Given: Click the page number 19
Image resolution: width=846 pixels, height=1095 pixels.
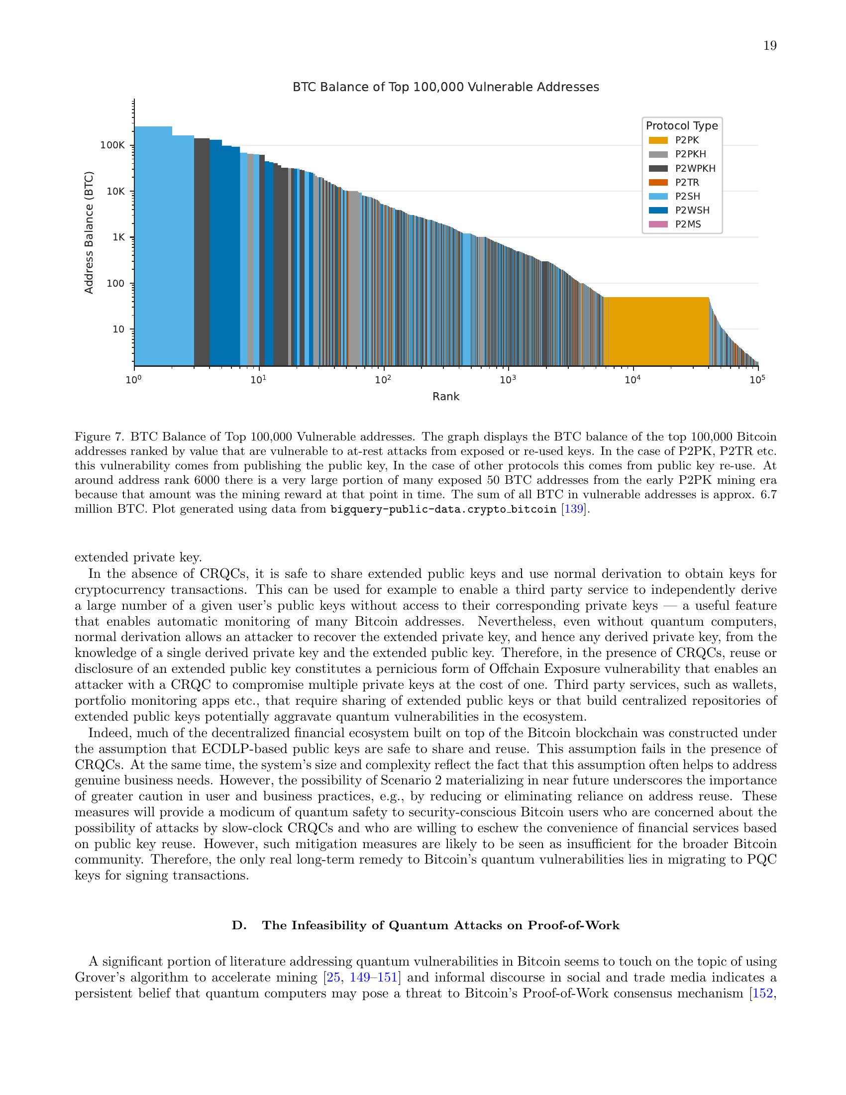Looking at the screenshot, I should coord(769,46).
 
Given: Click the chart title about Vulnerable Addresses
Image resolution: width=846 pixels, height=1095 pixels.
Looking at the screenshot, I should coord(445,87).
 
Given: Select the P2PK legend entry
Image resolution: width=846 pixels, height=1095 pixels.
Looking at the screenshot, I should coord(686,140).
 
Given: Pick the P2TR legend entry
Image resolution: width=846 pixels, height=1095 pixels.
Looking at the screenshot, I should coord(686,183).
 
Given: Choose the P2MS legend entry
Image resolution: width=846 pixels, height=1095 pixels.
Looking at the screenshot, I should coord(687,224).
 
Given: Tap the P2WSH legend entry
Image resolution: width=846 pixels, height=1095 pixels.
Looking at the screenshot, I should coord(692,210).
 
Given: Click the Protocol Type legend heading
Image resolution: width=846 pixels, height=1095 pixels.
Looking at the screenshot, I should coord(682,126).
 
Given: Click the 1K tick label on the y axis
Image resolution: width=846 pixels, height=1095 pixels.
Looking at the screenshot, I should coord(119,237).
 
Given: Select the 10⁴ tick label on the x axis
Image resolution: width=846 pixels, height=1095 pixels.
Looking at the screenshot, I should coord(632,380).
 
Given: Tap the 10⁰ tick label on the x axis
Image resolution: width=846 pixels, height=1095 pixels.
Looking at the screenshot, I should coord(133,380).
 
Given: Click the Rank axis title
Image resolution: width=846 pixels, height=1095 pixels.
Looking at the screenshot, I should coord(445,397).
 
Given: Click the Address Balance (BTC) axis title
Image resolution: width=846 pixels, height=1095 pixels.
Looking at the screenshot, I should coord(89,232).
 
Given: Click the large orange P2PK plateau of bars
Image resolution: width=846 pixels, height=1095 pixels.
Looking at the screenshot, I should coord(655,331).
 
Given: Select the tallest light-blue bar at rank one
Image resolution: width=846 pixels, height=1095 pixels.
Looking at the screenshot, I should coord(153,246).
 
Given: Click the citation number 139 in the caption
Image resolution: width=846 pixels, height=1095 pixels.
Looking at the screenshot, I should coord(574,509).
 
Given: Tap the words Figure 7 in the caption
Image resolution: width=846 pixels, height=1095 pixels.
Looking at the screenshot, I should coord(99,437).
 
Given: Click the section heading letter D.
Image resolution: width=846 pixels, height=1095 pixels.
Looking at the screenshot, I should coord(238,926).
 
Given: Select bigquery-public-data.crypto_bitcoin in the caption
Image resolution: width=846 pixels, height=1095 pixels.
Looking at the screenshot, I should coord(443,509).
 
